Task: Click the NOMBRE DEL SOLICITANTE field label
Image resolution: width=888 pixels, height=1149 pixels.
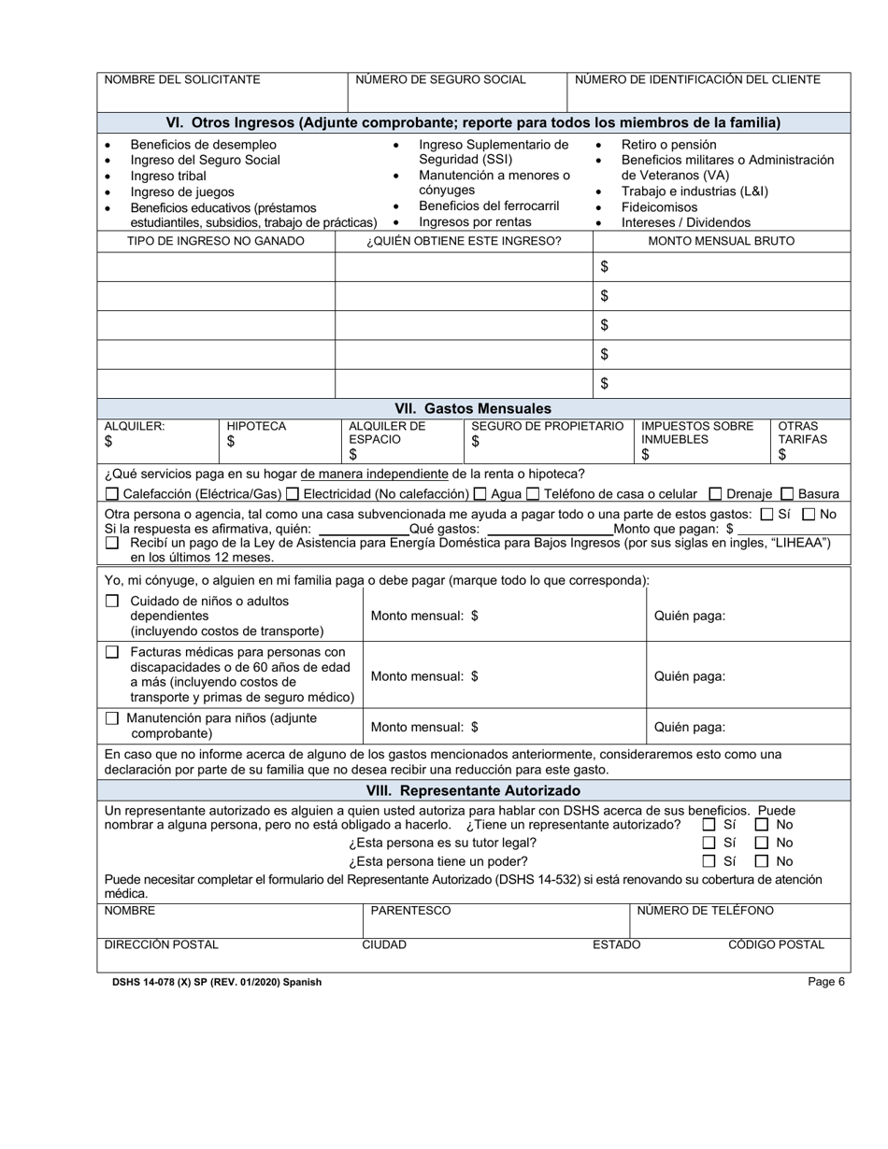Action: [182, 79]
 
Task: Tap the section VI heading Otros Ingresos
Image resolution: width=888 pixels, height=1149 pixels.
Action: [473, 122]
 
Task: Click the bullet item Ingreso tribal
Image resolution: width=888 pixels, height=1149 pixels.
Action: [168, 176]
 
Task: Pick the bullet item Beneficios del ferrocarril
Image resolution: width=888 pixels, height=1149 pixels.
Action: [488, 206]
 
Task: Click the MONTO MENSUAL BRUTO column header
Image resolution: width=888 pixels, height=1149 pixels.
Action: [721, 241]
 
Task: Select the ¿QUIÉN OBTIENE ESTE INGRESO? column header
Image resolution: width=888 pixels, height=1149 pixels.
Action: [464, 241]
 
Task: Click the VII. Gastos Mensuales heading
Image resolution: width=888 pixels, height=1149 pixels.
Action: [473, 408]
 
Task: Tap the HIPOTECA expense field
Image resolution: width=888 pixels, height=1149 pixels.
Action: [279, 443]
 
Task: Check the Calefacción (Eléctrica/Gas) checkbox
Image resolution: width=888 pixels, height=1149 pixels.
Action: [112, 494]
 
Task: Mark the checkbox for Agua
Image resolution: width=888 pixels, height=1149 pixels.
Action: [480, 494]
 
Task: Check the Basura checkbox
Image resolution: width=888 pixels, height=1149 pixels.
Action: [787, 494]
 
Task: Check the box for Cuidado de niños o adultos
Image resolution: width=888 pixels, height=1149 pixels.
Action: [112, 602]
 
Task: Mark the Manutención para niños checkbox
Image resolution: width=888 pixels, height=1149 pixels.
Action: [112, 718]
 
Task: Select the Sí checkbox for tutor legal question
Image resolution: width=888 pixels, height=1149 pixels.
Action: [709, 843]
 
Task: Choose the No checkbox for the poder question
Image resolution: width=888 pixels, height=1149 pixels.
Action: [762, 861]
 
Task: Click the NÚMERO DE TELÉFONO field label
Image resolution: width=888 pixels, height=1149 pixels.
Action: [705, 911]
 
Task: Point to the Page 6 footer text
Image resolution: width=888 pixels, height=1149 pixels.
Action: [826, 982]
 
